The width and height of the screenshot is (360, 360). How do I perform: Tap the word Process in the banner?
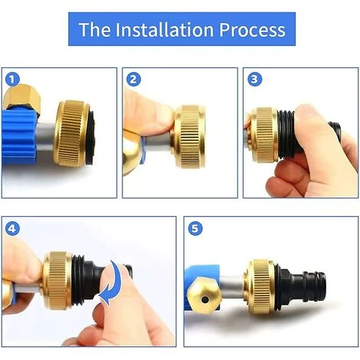(x=249, y=30)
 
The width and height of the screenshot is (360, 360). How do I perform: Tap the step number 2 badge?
(x=134, y=79)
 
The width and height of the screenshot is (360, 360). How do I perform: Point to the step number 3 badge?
(x=255, y=79)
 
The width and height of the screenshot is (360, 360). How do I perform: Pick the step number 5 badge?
(x=195, y=227)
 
